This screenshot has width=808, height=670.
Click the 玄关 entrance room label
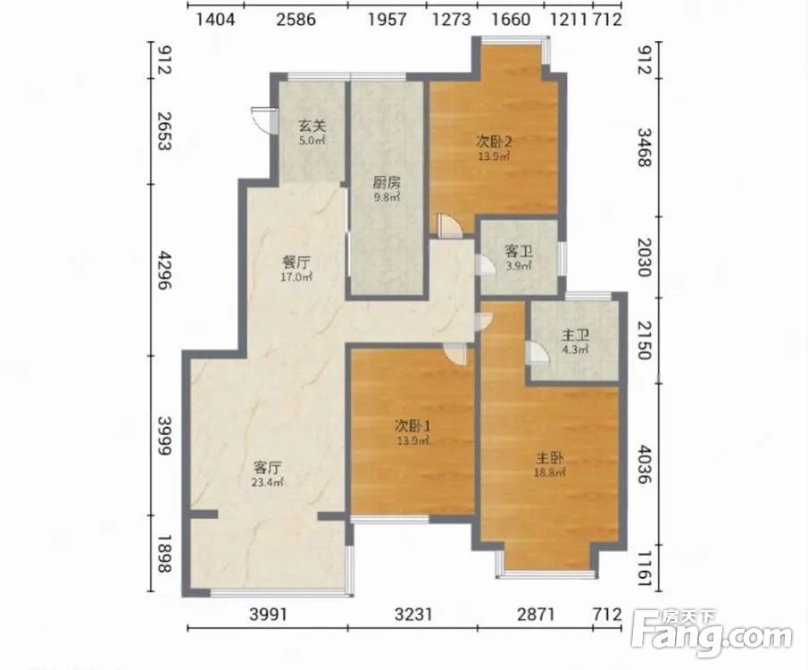pyautogui.click(x=312, y=126)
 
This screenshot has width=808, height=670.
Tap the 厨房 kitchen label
pyautogui.click(x=387, y=183)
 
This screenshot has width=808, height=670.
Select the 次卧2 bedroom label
pyautogui.click(x=495, y=141)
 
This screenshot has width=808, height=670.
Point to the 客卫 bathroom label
pyautogui.click(x=519, y=252)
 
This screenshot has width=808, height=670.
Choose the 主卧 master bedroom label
pyautogui.click(x=549, y=458)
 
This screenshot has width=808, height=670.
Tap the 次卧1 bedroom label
pyautogui.click(x=412, y=426)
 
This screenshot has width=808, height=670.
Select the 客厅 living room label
pyautogui.click(x=268, y=468)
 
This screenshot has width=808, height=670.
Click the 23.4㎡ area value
pyautogui.click(x=268, y=482)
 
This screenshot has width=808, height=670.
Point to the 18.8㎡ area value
pyautogui.click(x=549, y=473)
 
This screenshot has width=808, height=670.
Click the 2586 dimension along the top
pyautogui.click(x=296, y=20)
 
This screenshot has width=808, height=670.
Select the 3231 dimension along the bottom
pyautogui.click(x=412, y=615)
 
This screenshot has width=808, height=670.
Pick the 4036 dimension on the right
pyautogui.click(x=645, y=465)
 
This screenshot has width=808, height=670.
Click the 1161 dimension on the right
pyautogui.click(x=645, y=568)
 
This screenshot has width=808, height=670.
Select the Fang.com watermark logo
pyautogui.click(x=712, y=634)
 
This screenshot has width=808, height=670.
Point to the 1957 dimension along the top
pyautogui.click(x=387, y=20)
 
